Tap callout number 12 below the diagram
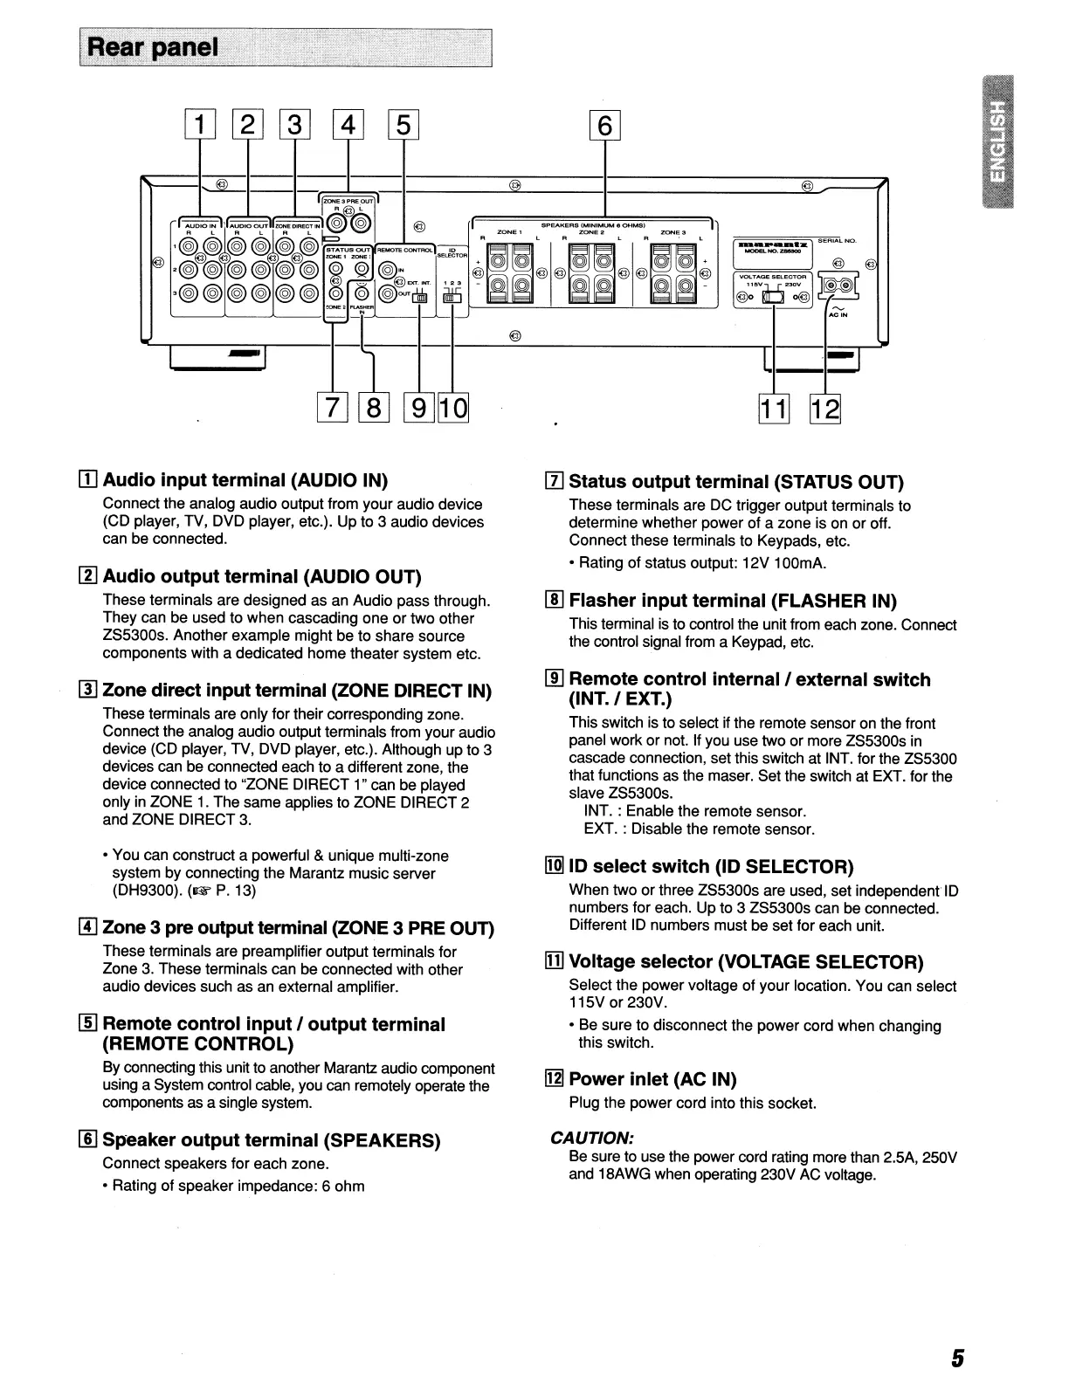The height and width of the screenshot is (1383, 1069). pyautogui.click(x=825, y=409)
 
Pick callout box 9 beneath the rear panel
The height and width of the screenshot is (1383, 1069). pyautogui.click(x=420, y=409)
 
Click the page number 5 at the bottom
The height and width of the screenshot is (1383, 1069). pyautogui.click(x=957, y=1359)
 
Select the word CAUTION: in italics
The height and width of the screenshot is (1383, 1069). pyautogui.click(x=591, y=1138)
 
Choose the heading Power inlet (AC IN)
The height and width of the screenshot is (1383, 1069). pyautogui.click(x=652, y=1079)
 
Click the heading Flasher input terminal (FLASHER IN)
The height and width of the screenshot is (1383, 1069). pyautogui.click(x=733, y=601)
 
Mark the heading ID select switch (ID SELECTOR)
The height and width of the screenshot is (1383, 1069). pyautogui.click(x=711, y=866)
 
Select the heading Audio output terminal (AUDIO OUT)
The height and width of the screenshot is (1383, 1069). pyautogui.click(x=261, y=576)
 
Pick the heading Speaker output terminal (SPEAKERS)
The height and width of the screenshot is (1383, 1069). pyautogui.click(x=271, y=1140)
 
